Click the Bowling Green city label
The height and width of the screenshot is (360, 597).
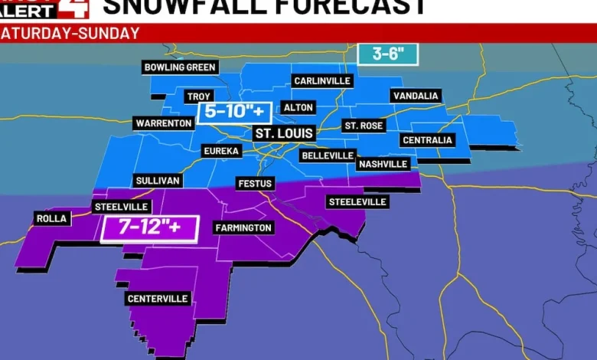click(x=181, y=67)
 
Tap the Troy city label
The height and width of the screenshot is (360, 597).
click(x=198, y=97)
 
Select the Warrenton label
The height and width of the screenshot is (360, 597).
click(x=164, y=123)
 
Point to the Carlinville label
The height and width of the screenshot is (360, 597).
click(x=322, y=80)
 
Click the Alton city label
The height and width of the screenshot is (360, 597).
click(x=298, y=108)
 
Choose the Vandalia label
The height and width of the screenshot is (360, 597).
click(x=416, y=96)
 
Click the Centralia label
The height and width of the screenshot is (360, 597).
click(x=427, y=140)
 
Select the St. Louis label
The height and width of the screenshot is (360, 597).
click(x=284, y=133)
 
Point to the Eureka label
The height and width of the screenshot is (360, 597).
click(x=221, y=152)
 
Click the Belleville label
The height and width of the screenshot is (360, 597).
click(x=327, y=155)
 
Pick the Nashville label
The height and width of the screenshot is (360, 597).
click(x=383, y=164)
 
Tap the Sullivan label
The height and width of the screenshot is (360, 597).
click(x=158, y=181)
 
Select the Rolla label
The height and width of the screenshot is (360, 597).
click(x=51, y=219)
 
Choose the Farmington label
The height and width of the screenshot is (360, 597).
click(x=243, y=227)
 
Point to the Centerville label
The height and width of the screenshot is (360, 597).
click(x=158, y=299)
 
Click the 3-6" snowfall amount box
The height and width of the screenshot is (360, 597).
click(x=388, y=54)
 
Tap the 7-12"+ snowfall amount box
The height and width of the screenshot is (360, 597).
click(x=149, y=227)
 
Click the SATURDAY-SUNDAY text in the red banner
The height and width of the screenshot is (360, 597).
click(x=70, y=34)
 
